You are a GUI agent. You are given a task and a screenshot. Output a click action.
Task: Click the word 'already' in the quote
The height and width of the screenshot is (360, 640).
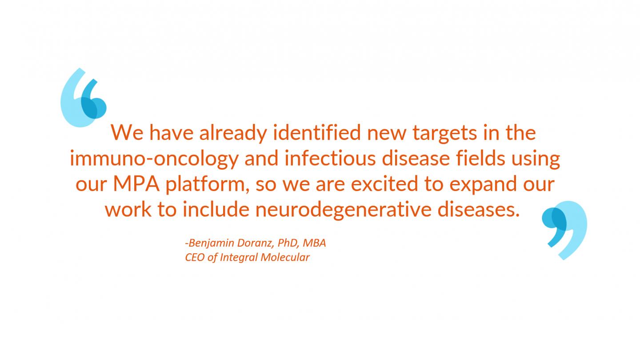tap(233, 133)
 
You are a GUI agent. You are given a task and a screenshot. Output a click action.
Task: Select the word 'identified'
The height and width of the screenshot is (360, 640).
tap(317, 132)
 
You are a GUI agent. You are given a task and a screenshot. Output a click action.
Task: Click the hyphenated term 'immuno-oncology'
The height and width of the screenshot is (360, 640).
tap(154, 159)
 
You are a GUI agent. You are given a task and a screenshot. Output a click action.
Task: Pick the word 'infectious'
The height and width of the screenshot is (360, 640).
tap(330, 158)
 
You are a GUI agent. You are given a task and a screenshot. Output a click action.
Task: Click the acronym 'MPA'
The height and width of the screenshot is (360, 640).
tap(136, 184)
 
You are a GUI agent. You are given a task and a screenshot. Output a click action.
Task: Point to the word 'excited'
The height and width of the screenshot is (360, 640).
tap(384, 184)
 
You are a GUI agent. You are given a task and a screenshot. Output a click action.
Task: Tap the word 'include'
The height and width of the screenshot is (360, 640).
tap(216, 209)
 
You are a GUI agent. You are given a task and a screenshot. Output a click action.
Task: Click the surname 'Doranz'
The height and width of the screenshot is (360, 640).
tap(256, 243)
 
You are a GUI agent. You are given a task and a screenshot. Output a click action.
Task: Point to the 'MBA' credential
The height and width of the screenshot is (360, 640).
tap(314, 243)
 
